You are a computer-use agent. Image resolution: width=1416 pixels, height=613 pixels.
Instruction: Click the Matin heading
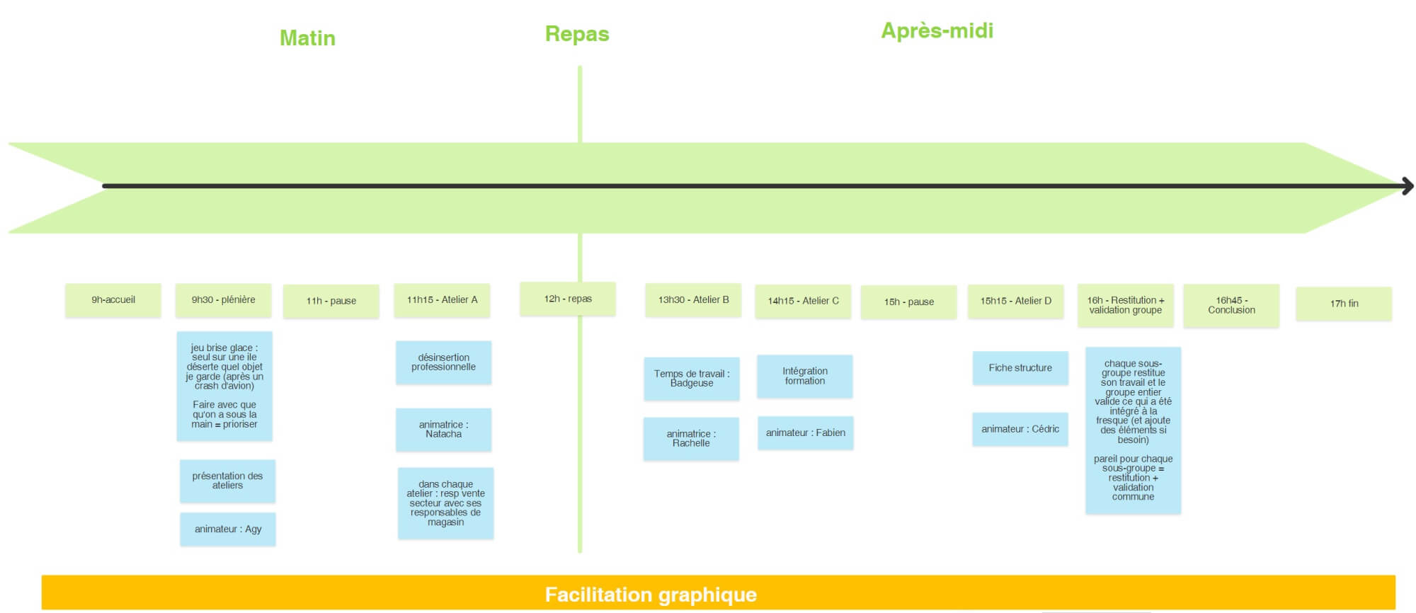click(307, 38)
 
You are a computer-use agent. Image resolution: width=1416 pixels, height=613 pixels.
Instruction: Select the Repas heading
click(577, 33)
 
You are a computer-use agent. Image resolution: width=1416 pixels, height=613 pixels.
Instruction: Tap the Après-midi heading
click(937, 30)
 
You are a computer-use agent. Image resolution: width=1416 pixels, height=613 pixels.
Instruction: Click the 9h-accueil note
click(113, 300)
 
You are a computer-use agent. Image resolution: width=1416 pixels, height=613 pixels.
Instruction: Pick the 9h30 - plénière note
click(224, 300)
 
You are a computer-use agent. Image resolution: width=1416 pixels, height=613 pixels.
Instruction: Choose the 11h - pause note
click(331, 301)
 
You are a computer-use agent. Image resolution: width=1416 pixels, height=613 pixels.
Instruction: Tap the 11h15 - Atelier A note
click(442, 300)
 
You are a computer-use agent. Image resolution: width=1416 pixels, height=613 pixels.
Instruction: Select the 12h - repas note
click(568, 299)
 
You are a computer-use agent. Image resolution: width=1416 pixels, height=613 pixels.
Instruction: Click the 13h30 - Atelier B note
click(693, 300)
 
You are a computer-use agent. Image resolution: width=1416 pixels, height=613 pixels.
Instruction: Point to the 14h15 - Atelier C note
click(803, 301)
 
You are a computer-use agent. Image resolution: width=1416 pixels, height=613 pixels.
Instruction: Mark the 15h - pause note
click(908, 302)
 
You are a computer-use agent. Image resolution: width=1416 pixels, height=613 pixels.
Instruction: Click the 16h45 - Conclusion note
click(1231, 305)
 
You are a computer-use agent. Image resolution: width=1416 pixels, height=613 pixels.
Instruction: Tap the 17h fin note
click(1344, 304)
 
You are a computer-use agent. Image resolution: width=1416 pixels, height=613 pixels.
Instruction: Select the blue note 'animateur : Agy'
click(228, 529)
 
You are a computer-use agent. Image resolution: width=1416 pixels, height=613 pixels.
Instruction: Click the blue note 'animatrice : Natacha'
click(443, 429)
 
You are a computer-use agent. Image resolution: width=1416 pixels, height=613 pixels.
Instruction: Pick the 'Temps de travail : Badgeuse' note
click(692, 378)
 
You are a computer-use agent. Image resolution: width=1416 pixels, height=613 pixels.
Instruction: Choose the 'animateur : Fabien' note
click(805, 432)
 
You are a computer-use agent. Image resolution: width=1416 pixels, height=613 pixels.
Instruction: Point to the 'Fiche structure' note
click(1020, 368)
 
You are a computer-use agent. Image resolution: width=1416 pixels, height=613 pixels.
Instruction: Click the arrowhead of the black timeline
click(1408, 186)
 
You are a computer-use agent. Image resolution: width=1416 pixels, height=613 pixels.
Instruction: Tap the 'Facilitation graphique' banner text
click(651, 595)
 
